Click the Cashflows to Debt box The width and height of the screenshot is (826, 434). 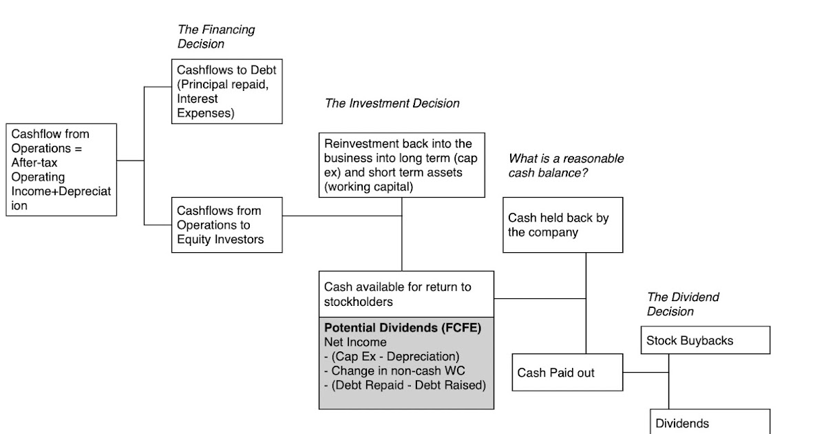point(226,91)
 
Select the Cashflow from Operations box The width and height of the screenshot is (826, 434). point(61,169)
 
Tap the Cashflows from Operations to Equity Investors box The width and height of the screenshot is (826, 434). point(226,225)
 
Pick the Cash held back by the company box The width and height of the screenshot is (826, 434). point(562,225)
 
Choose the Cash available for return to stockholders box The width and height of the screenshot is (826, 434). point(406,294)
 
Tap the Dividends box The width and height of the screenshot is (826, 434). point(710,423)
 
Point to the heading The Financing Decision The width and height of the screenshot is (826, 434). point(216,37)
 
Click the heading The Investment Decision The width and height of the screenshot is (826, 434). point(392,103)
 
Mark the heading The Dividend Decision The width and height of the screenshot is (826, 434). point(683,304)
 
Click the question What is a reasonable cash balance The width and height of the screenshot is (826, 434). point(566,165)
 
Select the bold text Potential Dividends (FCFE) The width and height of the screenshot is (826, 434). point(402,327)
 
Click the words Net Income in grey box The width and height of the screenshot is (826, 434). point(355,342)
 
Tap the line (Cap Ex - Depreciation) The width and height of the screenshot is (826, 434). point(391,356)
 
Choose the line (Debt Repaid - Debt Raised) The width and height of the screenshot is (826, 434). point(405,385)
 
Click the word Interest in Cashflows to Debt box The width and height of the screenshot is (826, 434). point(198,99)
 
